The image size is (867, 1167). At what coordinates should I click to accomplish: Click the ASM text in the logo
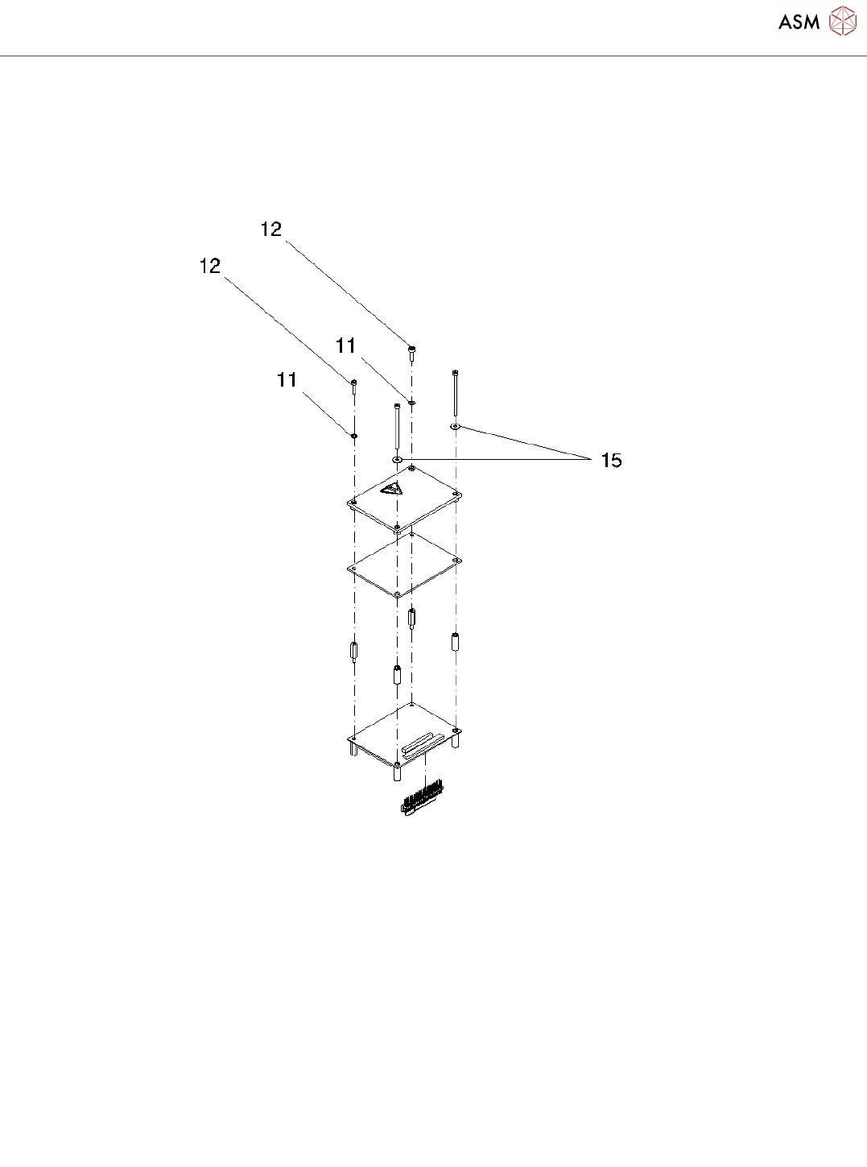pos(799,23)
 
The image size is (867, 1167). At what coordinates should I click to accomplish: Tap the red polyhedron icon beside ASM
pos(843,22)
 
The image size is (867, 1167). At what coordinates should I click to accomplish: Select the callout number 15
pos(612,461)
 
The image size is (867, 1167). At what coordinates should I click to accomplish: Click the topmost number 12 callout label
pos(271,230)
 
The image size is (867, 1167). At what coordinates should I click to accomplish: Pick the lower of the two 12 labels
pos(210,267)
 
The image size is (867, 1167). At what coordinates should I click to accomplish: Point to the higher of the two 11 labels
pos(346,346)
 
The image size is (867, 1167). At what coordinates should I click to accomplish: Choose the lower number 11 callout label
pos(287,380)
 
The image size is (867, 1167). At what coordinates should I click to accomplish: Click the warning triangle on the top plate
pos(392,489)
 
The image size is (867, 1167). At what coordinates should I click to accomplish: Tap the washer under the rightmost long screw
pos(456,426)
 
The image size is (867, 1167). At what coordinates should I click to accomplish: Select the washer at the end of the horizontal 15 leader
pos(397,459)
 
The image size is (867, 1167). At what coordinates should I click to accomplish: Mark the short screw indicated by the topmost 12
pos(412,350)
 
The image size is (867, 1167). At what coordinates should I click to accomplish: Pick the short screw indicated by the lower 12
pos(353,384)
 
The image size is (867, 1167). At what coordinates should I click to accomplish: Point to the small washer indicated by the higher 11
pos(412,401)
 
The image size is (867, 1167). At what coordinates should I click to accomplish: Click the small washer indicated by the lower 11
pos(354,436)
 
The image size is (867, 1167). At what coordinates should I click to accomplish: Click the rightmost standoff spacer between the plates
pos(456,642)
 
